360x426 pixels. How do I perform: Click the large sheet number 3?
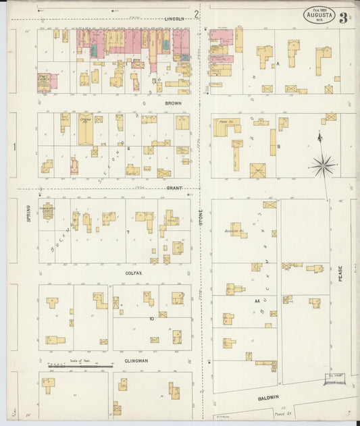coord(344,18)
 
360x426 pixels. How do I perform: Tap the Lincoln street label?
coord(174,19)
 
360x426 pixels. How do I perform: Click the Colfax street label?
coord(133,273)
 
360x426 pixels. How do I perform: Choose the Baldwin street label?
coord(268,398)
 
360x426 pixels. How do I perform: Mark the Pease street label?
coord(340,273)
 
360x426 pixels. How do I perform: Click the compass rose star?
coord(323,163)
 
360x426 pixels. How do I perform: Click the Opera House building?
coord(86,129)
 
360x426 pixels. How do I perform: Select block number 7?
coord(127,231)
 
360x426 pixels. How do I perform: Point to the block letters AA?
coord(257,301)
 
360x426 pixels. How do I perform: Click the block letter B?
coord(278,145)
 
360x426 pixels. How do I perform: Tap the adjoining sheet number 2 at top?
coord(197,14)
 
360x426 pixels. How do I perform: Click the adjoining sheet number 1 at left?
coord(14,146)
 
